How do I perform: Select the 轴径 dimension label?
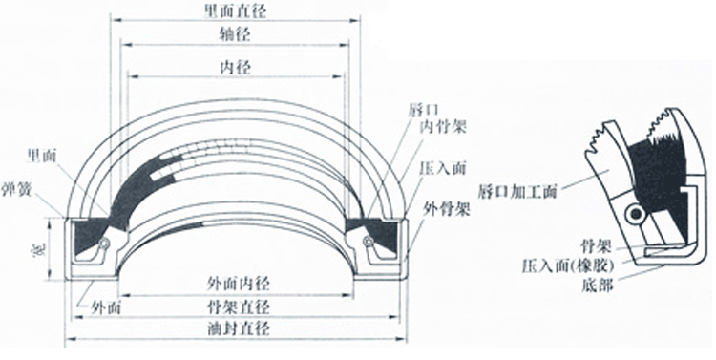[235, 36]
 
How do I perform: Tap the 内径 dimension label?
[235, 68]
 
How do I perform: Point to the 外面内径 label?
[235, 285]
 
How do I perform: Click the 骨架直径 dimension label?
[235, 307]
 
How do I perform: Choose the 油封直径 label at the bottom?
[235, 328]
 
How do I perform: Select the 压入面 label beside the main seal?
[440, 165]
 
